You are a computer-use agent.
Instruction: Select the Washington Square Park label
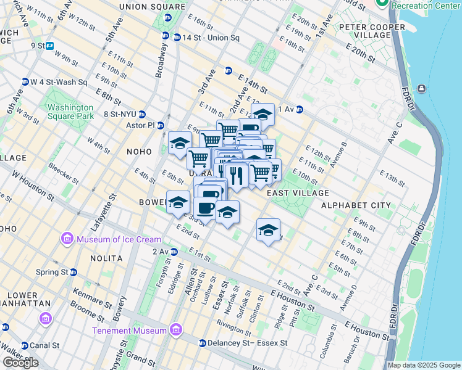pos(79,111)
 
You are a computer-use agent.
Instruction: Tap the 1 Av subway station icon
pos(299,110)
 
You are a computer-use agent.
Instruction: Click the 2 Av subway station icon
pos(174,252)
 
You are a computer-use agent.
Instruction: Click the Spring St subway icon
pos(73,272)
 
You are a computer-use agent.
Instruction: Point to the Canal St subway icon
pos(6,327)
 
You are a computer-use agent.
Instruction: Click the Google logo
pos(20,363)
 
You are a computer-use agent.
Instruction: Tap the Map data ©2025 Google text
pos(423,365)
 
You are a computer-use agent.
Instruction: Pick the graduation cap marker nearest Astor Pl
pos(180,142)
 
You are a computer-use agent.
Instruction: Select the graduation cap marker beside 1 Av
pos(262,114)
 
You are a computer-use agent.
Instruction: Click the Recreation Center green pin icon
pos(382,4)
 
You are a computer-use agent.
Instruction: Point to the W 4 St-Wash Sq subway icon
pos(25,82)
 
